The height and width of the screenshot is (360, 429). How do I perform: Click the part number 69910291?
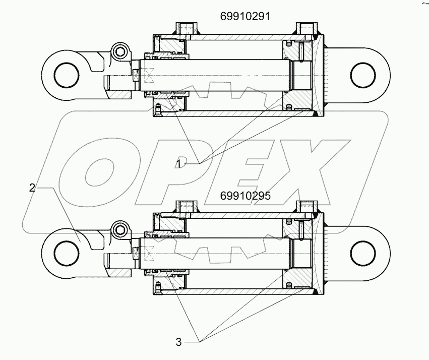[246, 16]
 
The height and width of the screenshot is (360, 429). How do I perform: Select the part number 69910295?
[246, 196]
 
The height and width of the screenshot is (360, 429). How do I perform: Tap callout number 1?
[180, 163]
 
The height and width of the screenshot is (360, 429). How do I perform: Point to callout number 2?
[32, 188]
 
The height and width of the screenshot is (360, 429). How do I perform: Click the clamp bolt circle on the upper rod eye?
[120, 51]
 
